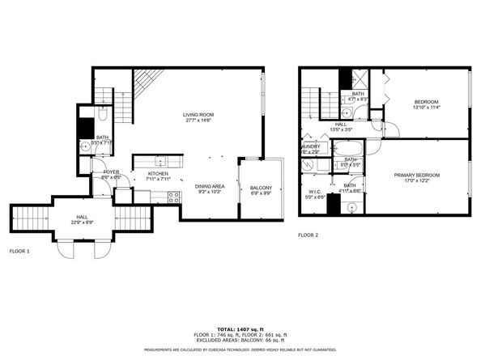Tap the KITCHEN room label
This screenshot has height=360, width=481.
click(157, 174)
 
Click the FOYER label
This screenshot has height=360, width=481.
click(111, 172)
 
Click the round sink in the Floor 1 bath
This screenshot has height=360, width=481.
click(85, 147)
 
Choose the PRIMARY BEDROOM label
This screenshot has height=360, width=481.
click(417, 176)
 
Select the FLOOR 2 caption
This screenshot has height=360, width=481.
click(308, 235)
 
